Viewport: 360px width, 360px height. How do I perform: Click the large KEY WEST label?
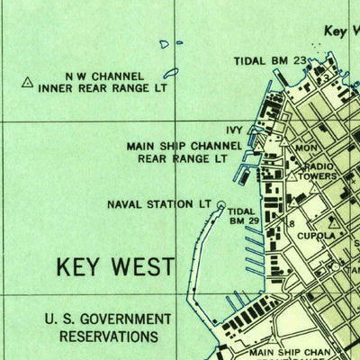pyautogui.click(x=115, y=268)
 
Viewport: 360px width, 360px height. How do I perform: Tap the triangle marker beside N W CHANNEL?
pyautogui.click(x=27, y=83)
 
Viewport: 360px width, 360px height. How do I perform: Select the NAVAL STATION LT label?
pyautogui.click(x=158, y=204)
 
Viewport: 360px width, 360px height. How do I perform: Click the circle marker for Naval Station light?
pyautogui.click(x=220, y=205)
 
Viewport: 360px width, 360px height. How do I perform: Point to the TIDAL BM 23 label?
pyautogui.click(x=270, y=61)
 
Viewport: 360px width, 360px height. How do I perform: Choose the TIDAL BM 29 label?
pyautogui.click(x=244, y=215)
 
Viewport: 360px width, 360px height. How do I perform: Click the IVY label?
pyautogui.click(x=235, y=130)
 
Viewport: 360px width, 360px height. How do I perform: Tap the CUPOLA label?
pyautogui.click(x=316, y=236)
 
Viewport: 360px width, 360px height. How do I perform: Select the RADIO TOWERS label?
pyautogui.click(x=320, y=172)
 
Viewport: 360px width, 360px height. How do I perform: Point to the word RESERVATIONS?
pyautogui.click(x=107, y=337)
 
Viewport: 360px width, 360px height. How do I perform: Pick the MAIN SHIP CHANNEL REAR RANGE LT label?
pyautogui.click(x=184, y=151)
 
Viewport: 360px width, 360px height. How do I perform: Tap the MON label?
pyautogui.click(x=307, y=148)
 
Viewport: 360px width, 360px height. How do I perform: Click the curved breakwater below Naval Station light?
pyautogui.click(x=203, y=261)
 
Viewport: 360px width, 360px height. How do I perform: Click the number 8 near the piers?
pyautogui.click(x=292, y=221)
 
